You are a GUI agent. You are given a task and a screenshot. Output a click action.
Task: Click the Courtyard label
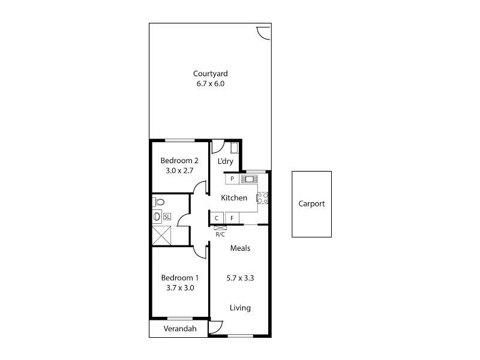(210, 74)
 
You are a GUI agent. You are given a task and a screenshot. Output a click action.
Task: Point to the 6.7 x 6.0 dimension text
(210, 84)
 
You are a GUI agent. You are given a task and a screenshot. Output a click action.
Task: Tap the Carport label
(311, 203)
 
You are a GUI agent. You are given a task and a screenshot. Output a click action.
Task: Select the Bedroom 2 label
(179, 160)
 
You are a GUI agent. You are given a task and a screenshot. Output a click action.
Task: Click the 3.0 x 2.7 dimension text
(179, 170)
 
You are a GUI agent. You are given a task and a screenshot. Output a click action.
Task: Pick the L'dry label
(225, 161)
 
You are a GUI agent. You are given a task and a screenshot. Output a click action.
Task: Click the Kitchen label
(234, 198)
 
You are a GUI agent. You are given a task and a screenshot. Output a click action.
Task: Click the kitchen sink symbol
(248, 179)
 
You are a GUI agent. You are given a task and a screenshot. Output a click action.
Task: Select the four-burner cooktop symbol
(262, 197)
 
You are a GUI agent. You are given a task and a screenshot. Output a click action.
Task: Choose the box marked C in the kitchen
(217, 218)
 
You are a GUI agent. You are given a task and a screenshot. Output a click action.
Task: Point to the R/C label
(220, 235)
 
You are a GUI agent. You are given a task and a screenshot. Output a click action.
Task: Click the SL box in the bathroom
(167, 217)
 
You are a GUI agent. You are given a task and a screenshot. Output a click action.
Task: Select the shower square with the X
(162, 236)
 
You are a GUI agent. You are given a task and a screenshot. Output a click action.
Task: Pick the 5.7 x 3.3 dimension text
(240, 278)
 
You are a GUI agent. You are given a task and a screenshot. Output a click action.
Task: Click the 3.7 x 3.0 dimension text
(179, 288)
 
